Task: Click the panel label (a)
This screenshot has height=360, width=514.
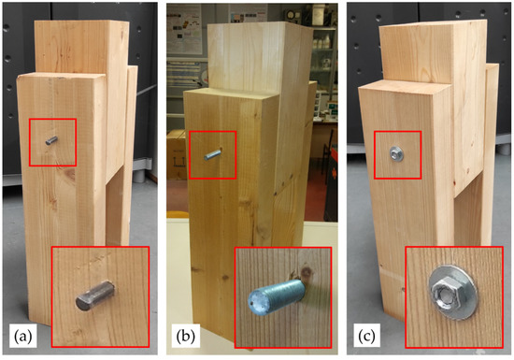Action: coord(23,336)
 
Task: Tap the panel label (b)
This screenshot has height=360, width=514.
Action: coord(186,336)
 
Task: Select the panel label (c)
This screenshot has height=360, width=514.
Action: coord(366,336)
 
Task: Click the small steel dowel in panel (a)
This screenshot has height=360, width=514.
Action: coord(51,140)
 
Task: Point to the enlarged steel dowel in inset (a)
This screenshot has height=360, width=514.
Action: coord(95,295)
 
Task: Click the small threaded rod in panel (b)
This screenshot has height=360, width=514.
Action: coord(212,154)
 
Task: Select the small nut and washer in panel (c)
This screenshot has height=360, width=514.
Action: coord(396,154)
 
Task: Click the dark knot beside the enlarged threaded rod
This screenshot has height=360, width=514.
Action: coord(307,272)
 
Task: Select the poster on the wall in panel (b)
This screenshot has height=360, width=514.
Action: coord(184,30)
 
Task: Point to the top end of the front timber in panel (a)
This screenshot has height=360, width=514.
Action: coord(62,76)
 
